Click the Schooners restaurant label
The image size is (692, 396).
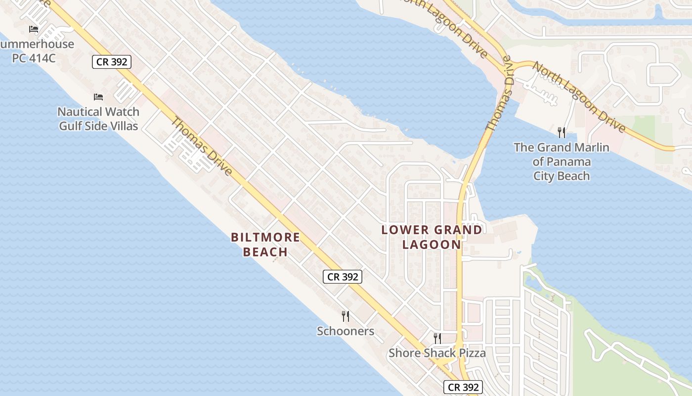pyautogui.click(x=346, y=331)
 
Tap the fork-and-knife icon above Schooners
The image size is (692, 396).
pyautogui.click(x=346, y=316)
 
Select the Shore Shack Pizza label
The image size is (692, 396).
pyautogui.click(x=437, y=353)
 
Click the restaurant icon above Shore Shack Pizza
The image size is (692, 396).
pyautogui.click(x=437, y=338)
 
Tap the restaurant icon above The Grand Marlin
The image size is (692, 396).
pyautogui.click(x=561, y=132)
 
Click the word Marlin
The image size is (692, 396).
pyautogui.click(x=592, y=147)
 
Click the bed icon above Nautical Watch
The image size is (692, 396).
pyautogui.click(x=98, y=97)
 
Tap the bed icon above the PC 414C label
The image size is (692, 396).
pyautogui.click(x=34, y=29)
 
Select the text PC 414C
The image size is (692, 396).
pyautogui.click(x=34, y=58)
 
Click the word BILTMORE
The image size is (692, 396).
pyautogui.click(x=265, y=237)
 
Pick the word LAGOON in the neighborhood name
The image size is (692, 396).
pyautogui.click(x=432, y=245)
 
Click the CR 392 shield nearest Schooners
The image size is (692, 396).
pyautogui.click(x=343, y=277)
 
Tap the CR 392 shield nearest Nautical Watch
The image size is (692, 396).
pyautogui.click(x=111, y=62)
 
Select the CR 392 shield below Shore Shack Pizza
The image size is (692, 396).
pyautogui.click(x=463, y=387)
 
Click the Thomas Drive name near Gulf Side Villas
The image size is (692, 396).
pyautogui.click(x=202, y=147)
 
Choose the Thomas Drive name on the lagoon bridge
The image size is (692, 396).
pyautogui.click(x=498, y=94)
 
